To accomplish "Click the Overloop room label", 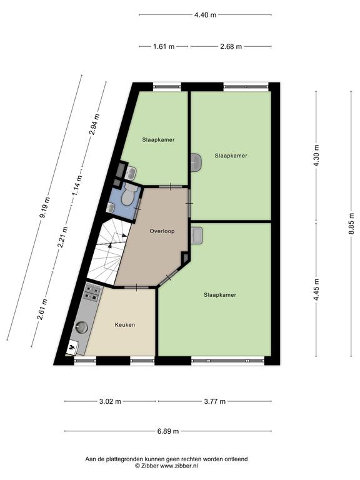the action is point(162,231).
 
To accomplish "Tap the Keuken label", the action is point(125,325).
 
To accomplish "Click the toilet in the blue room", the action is point(128,194).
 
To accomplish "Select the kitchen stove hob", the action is point(92,292).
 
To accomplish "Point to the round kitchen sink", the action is point(82,327).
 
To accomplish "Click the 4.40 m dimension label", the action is point(206,15).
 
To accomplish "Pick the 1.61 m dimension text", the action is point(164,46).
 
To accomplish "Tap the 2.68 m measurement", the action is point(231,46).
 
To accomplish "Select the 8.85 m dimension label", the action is point(351,224).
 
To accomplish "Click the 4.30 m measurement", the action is point(316,155).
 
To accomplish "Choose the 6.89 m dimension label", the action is point(168,431).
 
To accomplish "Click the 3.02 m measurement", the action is point(110,401).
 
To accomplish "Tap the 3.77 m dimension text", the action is point(215,401).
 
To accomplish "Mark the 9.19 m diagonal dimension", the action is point(45,208).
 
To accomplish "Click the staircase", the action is point(107,251).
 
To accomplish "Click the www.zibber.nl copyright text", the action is point(166,466).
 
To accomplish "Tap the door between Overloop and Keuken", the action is point(136,287).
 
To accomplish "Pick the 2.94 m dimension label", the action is point(94,124).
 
